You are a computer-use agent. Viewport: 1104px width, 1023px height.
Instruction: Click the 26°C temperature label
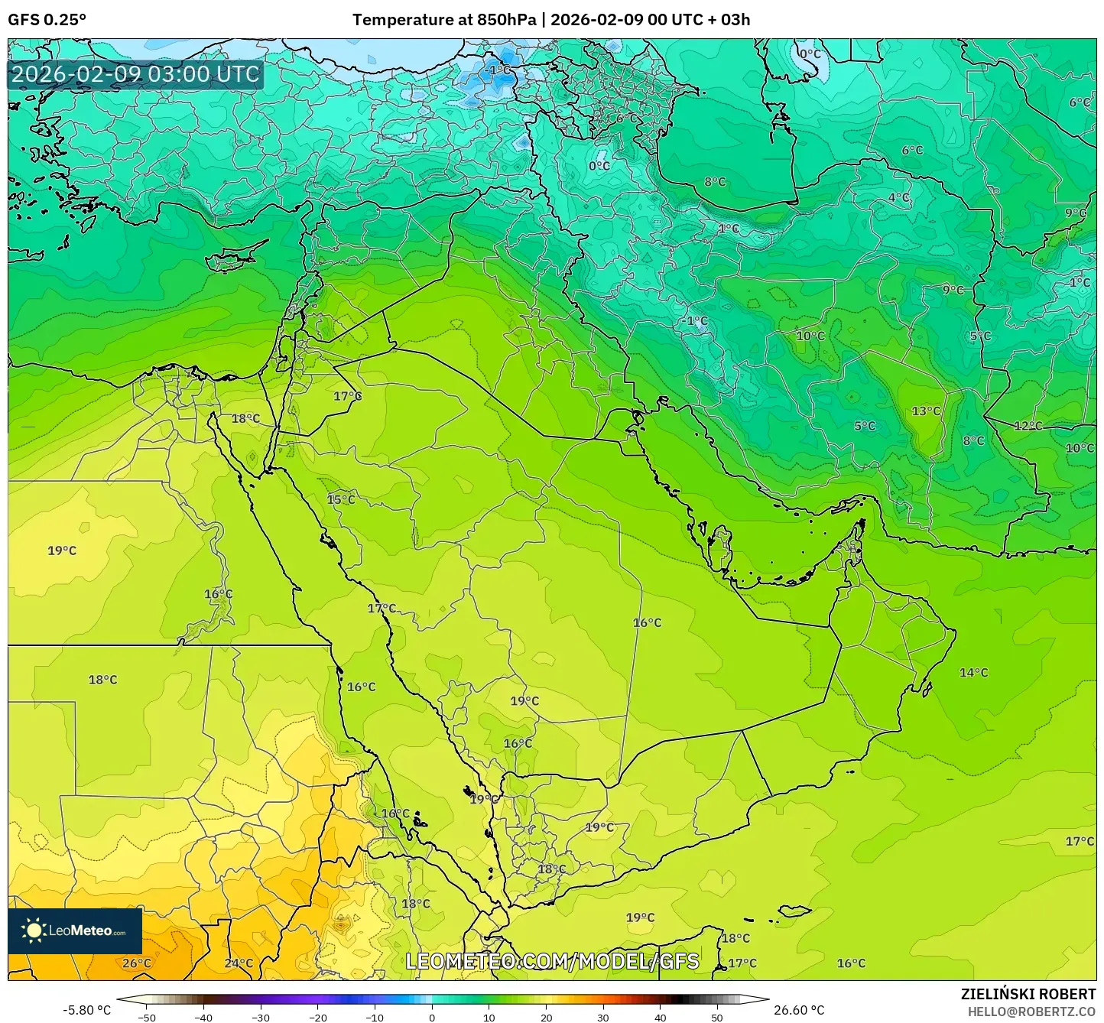point(137,963)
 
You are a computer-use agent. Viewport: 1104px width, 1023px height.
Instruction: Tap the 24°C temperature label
point(239,963)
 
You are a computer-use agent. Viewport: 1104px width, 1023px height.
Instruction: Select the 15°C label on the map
point(341,499)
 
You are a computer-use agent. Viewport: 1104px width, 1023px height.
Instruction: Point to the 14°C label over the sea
point(973,672)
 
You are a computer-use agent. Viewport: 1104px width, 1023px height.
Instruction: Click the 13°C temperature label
point(926,411)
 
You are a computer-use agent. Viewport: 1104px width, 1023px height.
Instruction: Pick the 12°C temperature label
point(1028,425)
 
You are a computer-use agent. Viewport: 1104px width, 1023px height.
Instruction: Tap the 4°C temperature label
point(899,197)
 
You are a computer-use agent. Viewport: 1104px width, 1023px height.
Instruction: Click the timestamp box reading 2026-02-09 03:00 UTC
point(136,74)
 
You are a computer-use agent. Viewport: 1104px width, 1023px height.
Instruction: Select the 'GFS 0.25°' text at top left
point(47,20)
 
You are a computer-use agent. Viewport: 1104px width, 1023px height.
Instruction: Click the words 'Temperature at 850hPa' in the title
point(444,20)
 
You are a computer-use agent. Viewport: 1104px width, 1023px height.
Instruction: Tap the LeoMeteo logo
point(75,930)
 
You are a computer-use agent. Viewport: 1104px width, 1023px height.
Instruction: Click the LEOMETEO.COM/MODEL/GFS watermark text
point(552,961)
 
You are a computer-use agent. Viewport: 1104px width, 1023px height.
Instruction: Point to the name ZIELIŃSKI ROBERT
point(1028,994)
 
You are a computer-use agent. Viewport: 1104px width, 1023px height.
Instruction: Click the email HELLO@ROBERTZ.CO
point(1031,1011)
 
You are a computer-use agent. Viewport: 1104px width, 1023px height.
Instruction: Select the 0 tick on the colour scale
point(432,1017)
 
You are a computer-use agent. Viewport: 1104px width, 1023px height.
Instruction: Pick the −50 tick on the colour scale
point(146,1017)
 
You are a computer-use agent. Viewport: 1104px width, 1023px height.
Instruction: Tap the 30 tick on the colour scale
point(603,1017)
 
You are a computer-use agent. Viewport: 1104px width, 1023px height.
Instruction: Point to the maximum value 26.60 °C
point(799,1010)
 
